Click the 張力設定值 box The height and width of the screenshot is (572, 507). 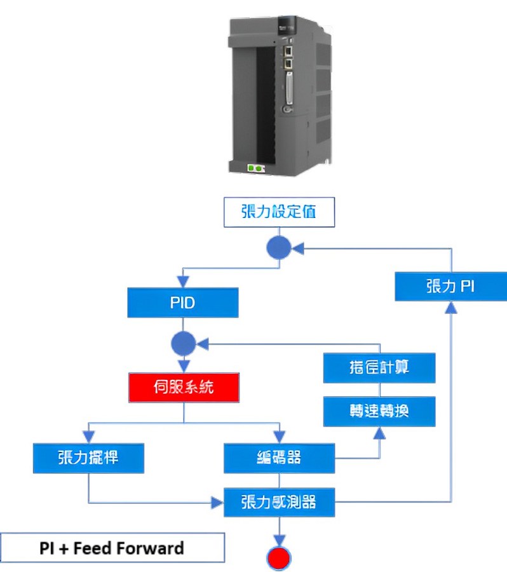coord(278,213)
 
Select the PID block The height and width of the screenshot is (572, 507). coord(182,303)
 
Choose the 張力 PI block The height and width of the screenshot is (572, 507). coord(450,286)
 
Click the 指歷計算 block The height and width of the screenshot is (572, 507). coord(379,368)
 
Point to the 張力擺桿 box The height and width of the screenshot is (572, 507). coord(88,458)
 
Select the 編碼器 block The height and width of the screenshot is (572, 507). coord(280,458)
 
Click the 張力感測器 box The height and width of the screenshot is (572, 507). coord(279,502)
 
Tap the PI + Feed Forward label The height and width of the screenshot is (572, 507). coord(112,548)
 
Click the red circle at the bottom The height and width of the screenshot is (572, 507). coord(278,558)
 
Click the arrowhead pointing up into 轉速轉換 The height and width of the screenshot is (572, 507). coord(379,432)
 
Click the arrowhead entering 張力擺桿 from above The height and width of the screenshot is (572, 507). coord(88,439)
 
